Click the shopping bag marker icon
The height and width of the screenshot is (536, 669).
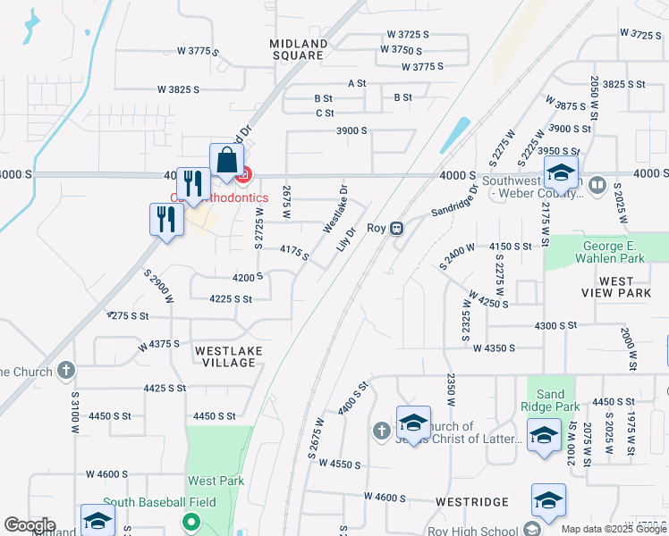coord(227,162)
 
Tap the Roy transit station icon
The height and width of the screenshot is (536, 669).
coord(398,228)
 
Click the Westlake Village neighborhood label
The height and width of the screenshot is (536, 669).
coord(229,356)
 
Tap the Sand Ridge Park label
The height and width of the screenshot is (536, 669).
coord(552,399)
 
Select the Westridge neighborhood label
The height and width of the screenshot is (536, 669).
coord(472,502)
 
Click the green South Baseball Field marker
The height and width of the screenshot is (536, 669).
coord(190,521)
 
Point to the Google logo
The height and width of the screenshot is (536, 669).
coord(30,525)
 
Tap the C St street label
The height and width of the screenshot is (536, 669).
coord(325,113)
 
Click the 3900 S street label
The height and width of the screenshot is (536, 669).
coord(351,130)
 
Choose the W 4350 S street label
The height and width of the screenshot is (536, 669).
coord(495,348)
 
